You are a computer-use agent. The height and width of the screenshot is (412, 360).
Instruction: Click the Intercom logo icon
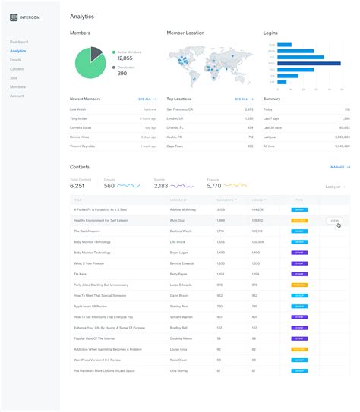pos(14,16)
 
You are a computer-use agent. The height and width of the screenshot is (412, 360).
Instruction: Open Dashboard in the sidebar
pos(19,42)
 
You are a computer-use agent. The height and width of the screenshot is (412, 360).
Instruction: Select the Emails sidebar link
pos(16,60)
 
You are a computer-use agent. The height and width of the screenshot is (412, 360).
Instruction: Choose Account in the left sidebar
pos(17,96)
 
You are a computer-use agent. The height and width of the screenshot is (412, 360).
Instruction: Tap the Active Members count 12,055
pos(125,58)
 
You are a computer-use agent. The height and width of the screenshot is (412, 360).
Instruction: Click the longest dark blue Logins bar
pos(308,63)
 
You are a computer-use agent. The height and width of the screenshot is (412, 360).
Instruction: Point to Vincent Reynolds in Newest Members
pos(84,146)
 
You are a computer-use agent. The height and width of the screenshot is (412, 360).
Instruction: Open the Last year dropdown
pos(335,186)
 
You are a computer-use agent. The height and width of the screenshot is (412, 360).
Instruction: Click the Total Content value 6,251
pos(77,186)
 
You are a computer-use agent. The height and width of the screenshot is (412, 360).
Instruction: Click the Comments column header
pos(226,200)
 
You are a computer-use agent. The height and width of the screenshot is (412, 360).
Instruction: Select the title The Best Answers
pos(87,230)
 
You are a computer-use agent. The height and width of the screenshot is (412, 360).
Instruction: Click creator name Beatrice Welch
pos(181,230)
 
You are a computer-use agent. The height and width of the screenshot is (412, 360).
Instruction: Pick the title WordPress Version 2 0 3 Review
pos(97,360)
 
